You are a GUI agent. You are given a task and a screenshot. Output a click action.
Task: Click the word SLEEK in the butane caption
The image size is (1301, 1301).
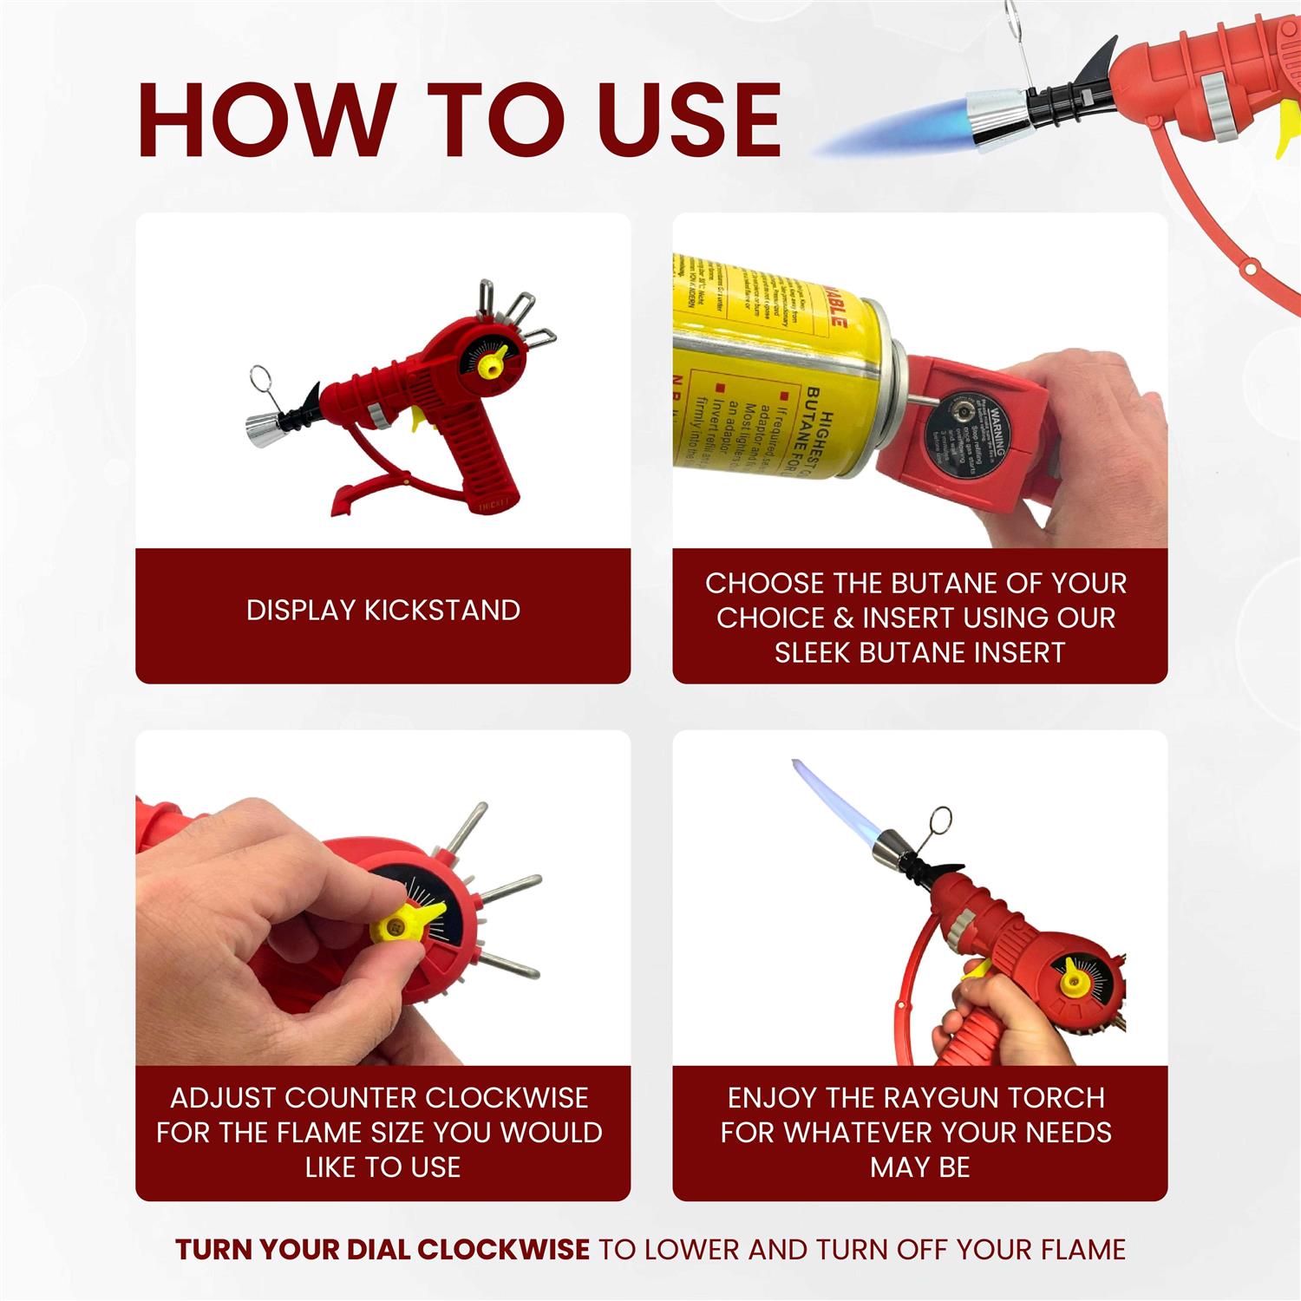813,652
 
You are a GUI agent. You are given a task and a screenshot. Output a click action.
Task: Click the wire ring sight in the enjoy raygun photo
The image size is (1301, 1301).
938,820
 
